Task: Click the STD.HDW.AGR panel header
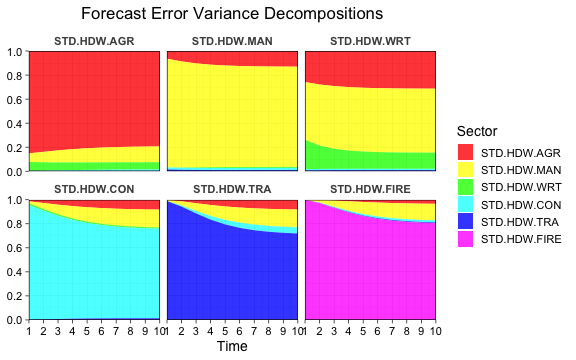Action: coord(94,41)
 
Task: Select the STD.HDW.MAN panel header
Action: coord(232,41)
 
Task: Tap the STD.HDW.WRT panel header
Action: coord(370,41)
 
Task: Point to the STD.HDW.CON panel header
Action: coord(94,188)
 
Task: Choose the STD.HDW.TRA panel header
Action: coord(232,188)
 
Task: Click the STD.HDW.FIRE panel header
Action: coord(370,188)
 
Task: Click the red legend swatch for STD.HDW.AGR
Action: coord(465,152)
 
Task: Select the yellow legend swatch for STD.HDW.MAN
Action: coord(465,170)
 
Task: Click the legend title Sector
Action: coord(477,131)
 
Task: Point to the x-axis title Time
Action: coord(232,346)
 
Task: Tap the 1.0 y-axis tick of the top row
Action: coord(14,52)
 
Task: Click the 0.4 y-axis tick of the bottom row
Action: coord(14,271)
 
